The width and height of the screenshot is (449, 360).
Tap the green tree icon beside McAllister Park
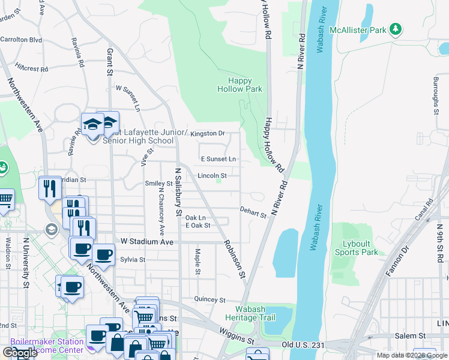395,29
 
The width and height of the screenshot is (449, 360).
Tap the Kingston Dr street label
207,133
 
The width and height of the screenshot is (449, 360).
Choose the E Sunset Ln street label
218,159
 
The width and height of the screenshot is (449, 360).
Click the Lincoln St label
212,176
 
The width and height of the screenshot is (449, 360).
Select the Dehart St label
253,211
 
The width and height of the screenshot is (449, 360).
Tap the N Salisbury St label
178,191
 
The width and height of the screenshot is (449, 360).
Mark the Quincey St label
209,299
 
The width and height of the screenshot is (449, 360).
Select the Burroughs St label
436,95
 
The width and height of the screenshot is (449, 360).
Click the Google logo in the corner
20,353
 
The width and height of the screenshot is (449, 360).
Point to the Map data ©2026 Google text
411,355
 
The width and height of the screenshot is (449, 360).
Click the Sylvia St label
133,260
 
